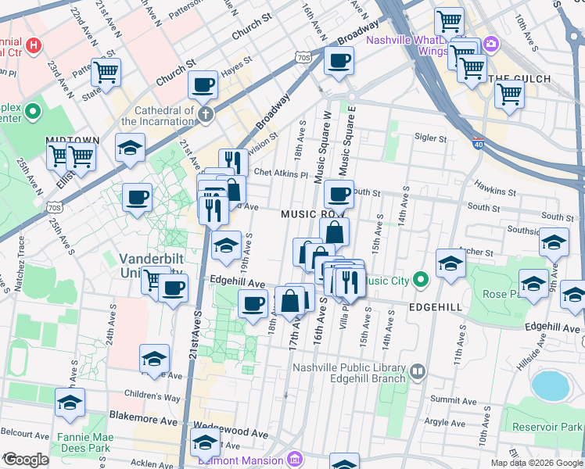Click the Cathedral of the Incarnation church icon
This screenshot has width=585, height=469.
pyautogui.click(x=205, y=116)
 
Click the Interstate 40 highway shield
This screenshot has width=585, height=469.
pyautogui.click(x=479, y=144)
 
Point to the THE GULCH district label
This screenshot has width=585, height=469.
pyautogui.click(x=520, y=79)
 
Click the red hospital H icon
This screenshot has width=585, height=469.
pyautogui.click(x=32, y=45)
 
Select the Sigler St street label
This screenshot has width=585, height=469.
pyautogui.click(x=430, y=138)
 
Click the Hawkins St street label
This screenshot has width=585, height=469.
pyautogui.click(x=493, y=191)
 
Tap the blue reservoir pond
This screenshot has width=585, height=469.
pyautogui.click(x=549, y=385)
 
